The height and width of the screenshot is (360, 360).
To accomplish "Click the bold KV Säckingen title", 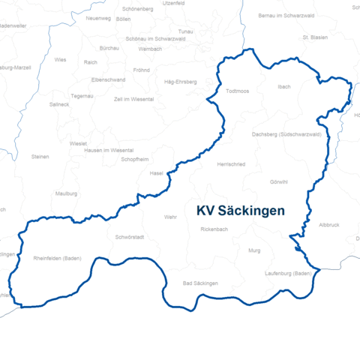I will [240, 211].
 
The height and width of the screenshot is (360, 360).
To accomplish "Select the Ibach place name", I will [283, 87].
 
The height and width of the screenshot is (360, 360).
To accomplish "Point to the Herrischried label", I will [230, 163].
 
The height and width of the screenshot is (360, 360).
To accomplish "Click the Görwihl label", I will [278, 182].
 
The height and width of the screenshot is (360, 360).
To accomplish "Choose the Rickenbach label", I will [214, 229].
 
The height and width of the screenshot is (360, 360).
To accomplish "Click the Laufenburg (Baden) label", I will [287, 273].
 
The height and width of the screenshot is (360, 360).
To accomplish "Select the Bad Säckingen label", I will [200, 283].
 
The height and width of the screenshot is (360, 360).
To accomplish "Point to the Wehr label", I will [169, 217].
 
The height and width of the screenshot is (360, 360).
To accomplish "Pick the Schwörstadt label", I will [130, 237].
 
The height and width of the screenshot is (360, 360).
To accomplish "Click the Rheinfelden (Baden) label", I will [58, 258].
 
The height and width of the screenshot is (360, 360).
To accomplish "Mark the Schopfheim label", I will [135, 160].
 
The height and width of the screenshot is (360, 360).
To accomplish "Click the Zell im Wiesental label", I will [133, 99].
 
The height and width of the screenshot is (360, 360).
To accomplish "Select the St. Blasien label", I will [316, 37].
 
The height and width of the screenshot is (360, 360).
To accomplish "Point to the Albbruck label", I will [329, 224].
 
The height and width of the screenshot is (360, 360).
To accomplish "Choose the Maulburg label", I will [67, 193].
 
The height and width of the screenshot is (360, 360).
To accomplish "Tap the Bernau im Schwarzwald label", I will [283, 15].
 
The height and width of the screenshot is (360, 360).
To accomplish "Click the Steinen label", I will [40, 157].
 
